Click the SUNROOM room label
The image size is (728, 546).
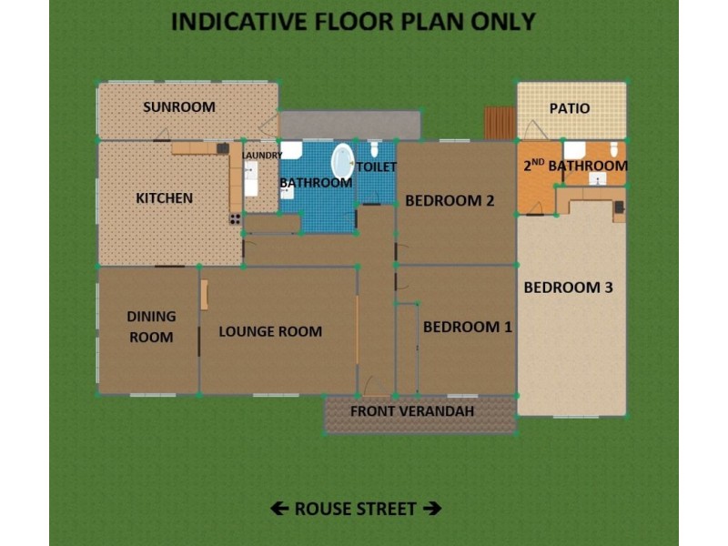tap(179, 107)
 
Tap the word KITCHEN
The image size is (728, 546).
tap(164, 198)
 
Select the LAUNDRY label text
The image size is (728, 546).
tap(262, 156)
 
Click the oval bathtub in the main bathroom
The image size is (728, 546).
tap(343, 161)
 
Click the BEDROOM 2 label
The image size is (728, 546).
tap(450, 201)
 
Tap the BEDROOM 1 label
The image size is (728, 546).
tap(468, 327)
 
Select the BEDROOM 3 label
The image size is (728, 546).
tap(568, 288)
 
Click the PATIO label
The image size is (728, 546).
tap(570, 108)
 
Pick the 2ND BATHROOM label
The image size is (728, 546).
tap(575, 167)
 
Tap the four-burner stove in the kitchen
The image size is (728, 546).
tap(235, 218)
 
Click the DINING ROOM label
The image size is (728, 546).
tap(150, 327)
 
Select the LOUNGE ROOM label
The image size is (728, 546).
tap(270, 331)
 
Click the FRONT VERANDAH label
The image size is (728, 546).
tap(413, 412)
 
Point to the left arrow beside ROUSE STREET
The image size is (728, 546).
tap(279, 509)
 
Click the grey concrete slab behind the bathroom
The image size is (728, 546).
tap(350, 125)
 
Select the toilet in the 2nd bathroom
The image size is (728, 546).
tap(613, 149)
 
